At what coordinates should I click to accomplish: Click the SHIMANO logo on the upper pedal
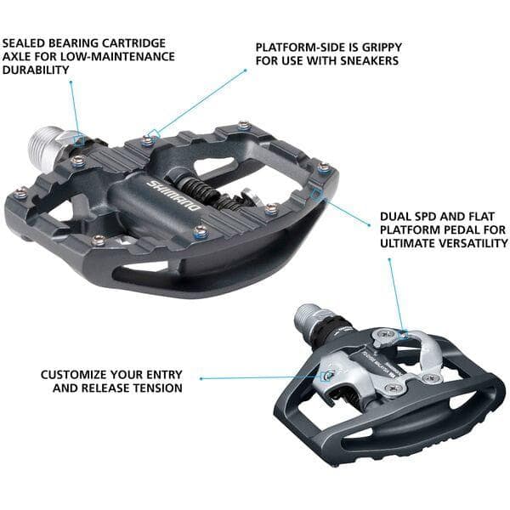(x=174, y=196)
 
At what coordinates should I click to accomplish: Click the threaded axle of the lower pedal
(x=307, y=320)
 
